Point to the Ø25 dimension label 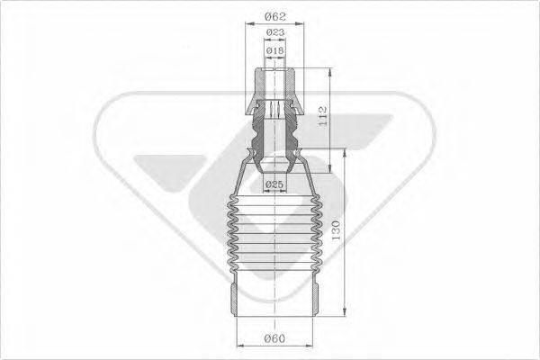274,185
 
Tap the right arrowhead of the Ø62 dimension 304,24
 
